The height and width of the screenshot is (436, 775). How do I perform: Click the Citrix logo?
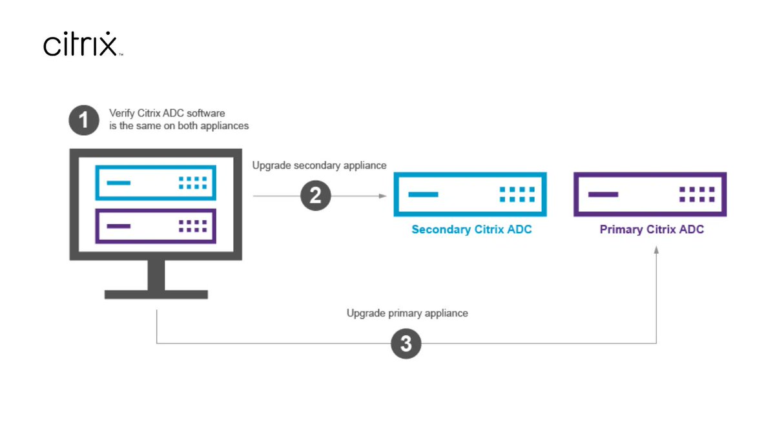81,44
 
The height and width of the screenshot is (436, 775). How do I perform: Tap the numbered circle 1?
83,120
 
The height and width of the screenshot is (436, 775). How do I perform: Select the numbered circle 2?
315,195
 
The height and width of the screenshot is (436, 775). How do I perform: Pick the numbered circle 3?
406,344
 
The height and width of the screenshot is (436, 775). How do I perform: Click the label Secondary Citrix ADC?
471,229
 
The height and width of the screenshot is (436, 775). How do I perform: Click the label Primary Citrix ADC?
651,229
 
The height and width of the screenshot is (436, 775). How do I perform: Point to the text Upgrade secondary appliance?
319,165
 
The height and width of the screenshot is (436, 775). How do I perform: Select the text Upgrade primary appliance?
407,313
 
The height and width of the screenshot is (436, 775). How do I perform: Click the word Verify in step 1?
121,114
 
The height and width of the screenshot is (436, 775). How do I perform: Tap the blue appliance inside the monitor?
156,183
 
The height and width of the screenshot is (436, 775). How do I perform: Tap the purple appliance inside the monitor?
156,225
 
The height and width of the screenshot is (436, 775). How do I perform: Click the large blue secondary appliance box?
470,194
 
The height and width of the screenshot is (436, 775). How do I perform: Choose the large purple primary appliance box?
650,194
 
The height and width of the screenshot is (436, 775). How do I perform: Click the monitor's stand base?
156,294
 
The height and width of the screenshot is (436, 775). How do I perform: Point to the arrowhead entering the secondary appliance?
382,195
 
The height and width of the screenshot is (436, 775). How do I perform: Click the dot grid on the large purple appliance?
696,194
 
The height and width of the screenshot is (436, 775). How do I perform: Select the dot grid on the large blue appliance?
517,194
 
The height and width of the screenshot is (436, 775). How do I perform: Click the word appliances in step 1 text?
223,126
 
